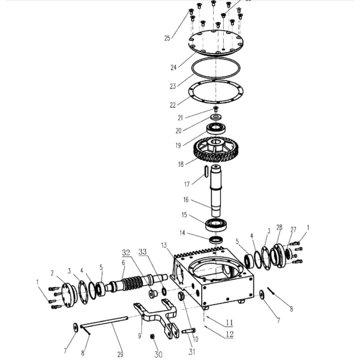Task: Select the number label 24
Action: click(x=173, y=68)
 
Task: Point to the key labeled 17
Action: click(x=205, y=171)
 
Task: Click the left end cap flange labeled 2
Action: click(x=69, y=293)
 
